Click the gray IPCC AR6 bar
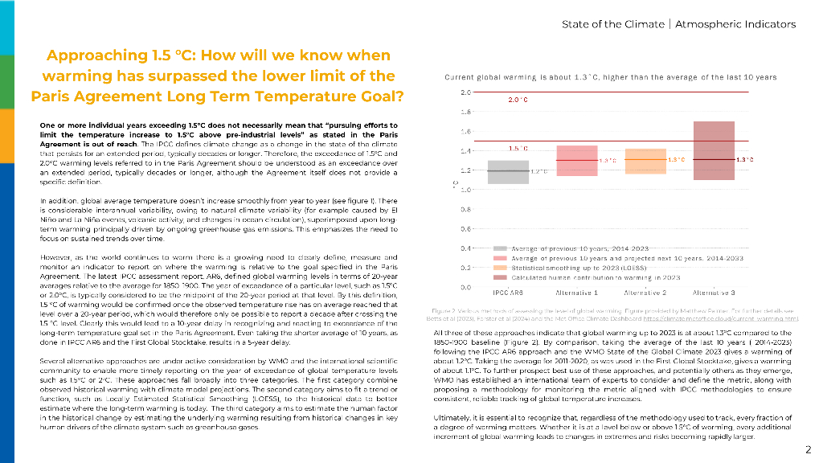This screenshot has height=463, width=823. point(509,172)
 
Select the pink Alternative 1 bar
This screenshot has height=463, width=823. point(576,161)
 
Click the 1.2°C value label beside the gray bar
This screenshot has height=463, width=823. point(538,171)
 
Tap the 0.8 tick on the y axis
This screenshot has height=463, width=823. point(465,209)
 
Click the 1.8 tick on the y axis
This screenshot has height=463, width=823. point(465,112)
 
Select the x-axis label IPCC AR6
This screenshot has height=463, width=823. point(509,293)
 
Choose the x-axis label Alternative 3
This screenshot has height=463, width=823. point(714,293)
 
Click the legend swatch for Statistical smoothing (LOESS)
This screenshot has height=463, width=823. point(500,267)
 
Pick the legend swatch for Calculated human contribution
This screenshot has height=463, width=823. point(500,276)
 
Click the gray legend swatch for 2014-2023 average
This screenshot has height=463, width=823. point(500,249)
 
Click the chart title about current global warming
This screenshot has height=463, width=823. point(611,77)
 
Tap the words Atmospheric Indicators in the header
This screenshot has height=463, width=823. point(735,24)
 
